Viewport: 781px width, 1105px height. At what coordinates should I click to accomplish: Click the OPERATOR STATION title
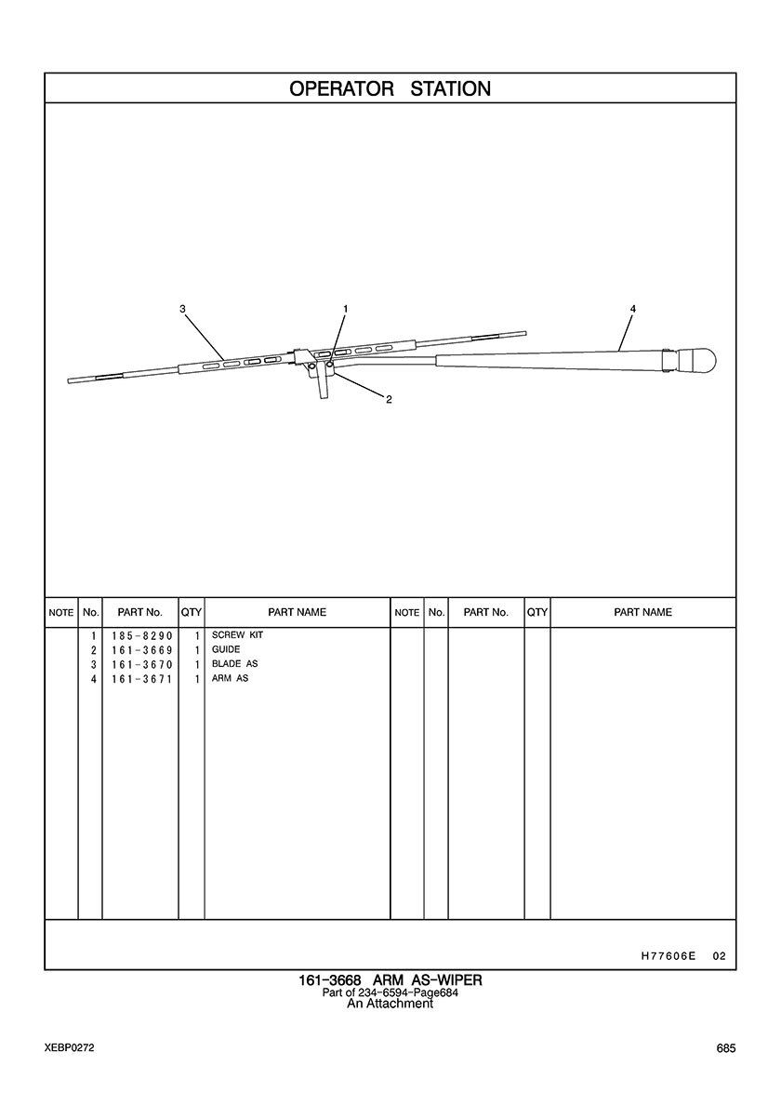pos(390,88)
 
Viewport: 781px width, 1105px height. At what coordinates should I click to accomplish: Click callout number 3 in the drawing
pos(182,309)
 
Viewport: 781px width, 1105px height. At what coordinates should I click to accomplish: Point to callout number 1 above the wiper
pos(345,309)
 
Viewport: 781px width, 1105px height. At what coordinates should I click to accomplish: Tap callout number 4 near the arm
pos(632,309)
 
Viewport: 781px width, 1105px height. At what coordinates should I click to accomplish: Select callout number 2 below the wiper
pos(389,400)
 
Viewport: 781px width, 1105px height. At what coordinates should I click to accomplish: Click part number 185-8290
pos(141,635)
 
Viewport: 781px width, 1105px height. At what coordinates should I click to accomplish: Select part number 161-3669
pos(141,650)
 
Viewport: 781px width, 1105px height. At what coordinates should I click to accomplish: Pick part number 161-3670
pos(141,664)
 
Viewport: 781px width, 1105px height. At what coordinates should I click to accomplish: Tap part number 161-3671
pos(141,679)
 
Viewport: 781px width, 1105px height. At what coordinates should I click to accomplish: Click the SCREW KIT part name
pos(237,635)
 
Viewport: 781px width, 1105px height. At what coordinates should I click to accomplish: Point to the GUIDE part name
pos(226,650)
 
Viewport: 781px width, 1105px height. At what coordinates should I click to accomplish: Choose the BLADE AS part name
pos(234,664)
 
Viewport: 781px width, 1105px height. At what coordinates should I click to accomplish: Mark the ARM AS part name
pos(231,679)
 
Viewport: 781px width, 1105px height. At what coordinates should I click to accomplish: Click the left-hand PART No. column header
pos(140,612)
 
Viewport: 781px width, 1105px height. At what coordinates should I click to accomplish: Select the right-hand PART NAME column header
pos(643,612)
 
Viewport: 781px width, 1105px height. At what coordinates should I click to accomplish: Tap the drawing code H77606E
pos(668,956)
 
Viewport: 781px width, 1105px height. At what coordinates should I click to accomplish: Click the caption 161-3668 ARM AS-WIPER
pos(390,980)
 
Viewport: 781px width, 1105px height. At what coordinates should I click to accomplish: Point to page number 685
pos(726,1048)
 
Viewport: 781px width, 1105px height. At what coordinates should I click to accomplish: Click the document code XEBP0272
pos(69,1048)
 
